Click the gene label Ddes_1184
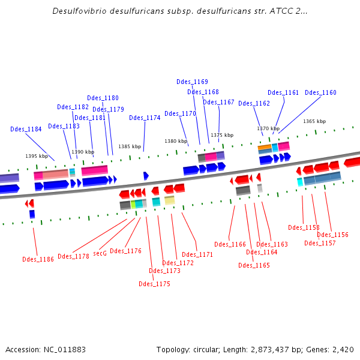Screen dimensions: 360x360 [x=26, y=129]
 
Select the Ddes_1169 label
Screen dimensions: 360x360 [x=192, y=82]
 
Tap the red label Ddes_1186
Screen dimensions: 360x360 [x=38, y=259]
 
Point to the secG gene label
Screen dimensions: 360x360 [x=100, y=253]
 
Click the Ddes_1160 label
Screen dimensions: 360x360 [x=320, y=92]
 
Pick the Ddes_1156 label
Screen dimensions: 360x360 [x=332, y=235]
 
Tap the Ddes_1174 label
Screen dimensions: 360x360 [x=145, y=118]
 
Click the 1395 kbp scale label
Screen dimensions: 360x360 [x=36, y=156]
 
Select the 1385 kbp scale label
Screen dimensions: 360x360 [x=130, y=146]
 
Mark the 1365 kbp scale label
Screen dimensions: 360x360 [x=314, y=121]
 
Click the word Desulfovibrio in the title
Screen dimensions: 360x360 [x=80, y=11]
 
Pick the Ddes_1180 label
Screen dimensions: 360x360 [x=103, y=98]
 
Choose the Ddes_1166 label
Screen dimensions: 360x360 [x=230, y=244]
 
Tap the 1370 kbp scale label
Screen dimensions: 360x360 [x=268, y=128]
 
